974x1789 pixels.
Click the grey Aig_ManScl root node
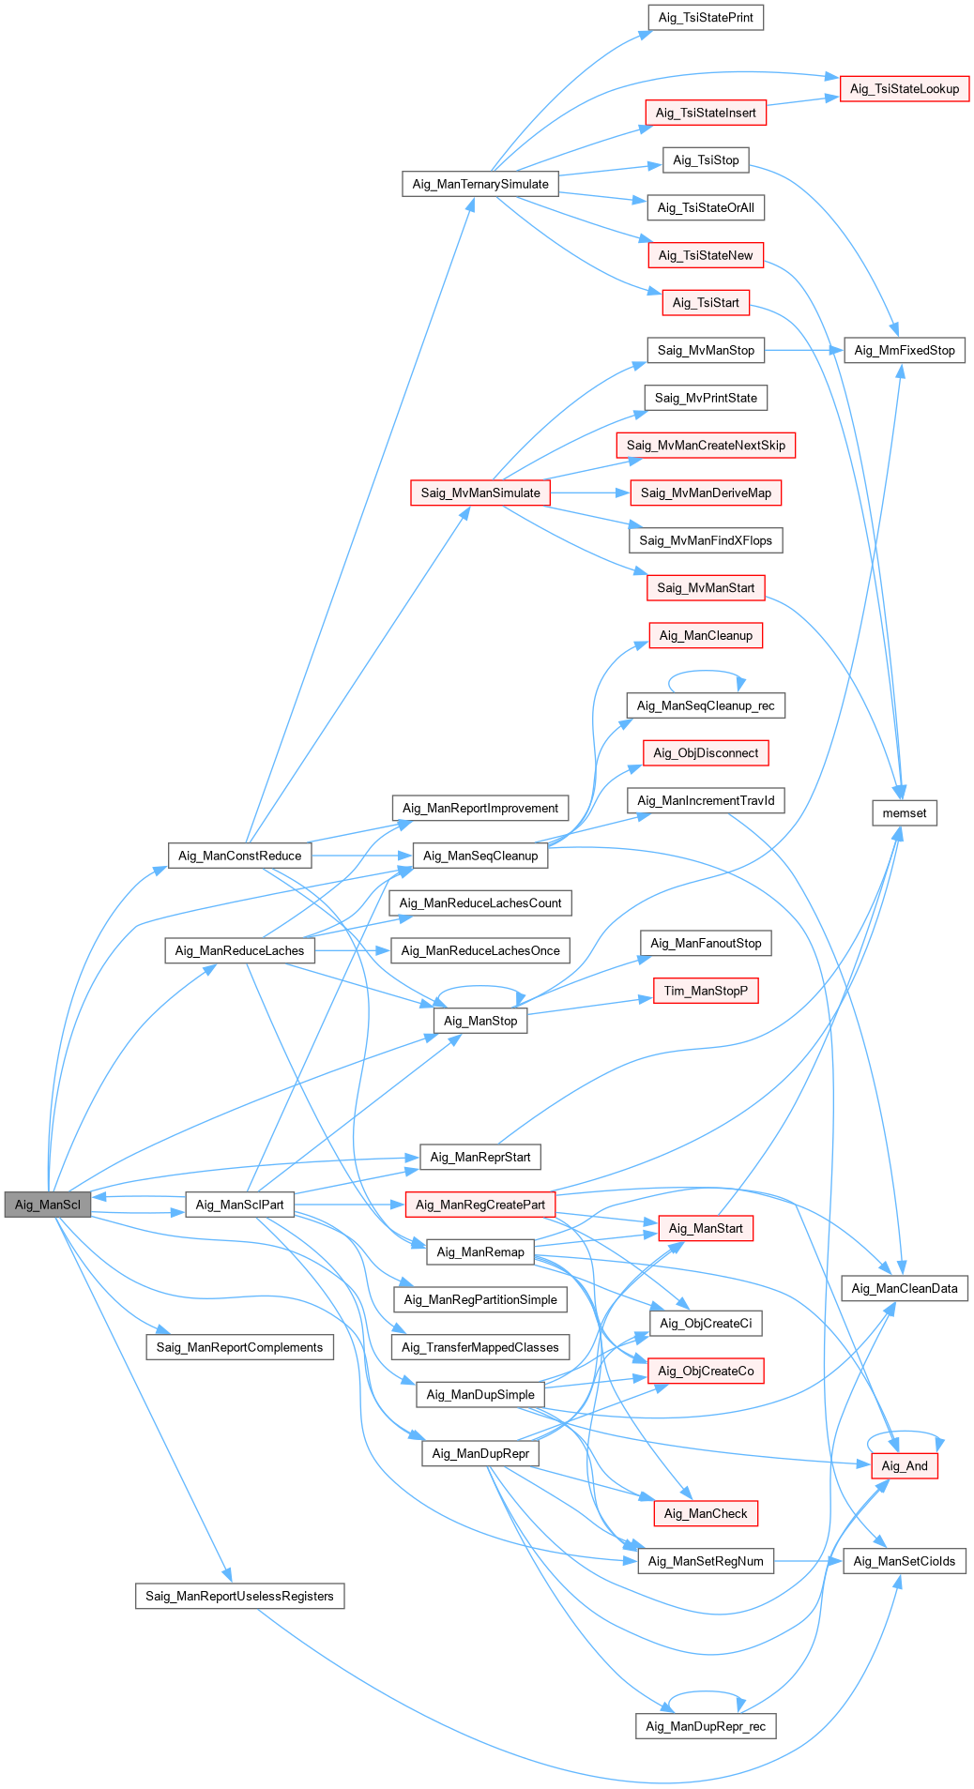click(x=48, y=1205)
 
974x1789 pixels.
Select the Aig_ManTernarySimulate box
click(x=480, y=184)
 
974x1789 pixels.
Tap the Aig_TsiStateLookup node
click(x=905, y=89)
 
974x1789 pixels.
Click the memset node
click(x=905, y=813)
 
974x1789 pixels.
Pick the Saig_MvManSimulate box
click(x=480, y=493)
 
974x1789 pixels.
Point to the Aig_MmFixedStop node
click(x=905, y=351)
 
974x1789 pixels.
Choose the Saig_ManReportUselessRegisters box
click(x=240, y=1597)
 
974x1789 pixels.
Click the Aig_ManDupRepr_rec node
click(x=706, y=1726)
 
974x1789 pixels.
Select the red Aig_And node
click(x=905, y=1466)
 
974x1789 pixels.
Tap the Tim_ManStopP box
click(x=706, y=992)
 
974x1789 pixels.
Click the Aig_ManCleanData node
click(x=905, y=1289)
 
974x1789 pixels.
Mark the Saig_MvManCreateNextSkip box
click(x=706, y=446)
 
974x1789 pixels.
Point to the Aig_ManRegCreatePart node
click(x=480, y=1205)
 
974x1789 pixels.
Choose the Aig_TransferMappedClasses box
click(x=480, y=1348)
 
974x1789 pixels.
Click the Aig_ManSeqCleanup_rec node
click(x=706, y=706)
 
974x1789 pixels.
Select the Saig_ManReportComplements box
click(x=240, y=1348)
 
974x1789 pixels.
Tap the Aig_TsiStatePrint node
click(x=706, y=18)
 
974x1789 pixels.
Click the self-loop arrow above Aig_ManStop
click(x=480, y=988)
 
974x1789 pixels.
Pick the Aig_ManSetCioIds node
click(x=905, y=1562)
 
